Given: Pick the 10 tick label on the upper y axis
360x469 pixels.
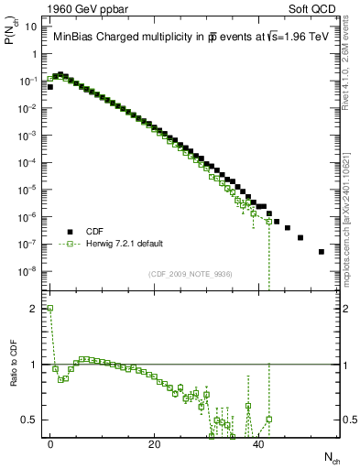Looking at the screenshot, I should pos(30,27).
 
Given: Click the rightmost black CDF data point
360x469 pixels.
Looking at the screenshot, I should pos(321,251).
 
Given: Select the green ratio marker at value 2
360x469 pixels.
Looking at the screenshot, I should pos(50,309).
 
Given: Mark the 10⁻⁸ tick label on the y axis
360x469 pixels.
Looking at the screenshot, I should pos(27,270).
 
